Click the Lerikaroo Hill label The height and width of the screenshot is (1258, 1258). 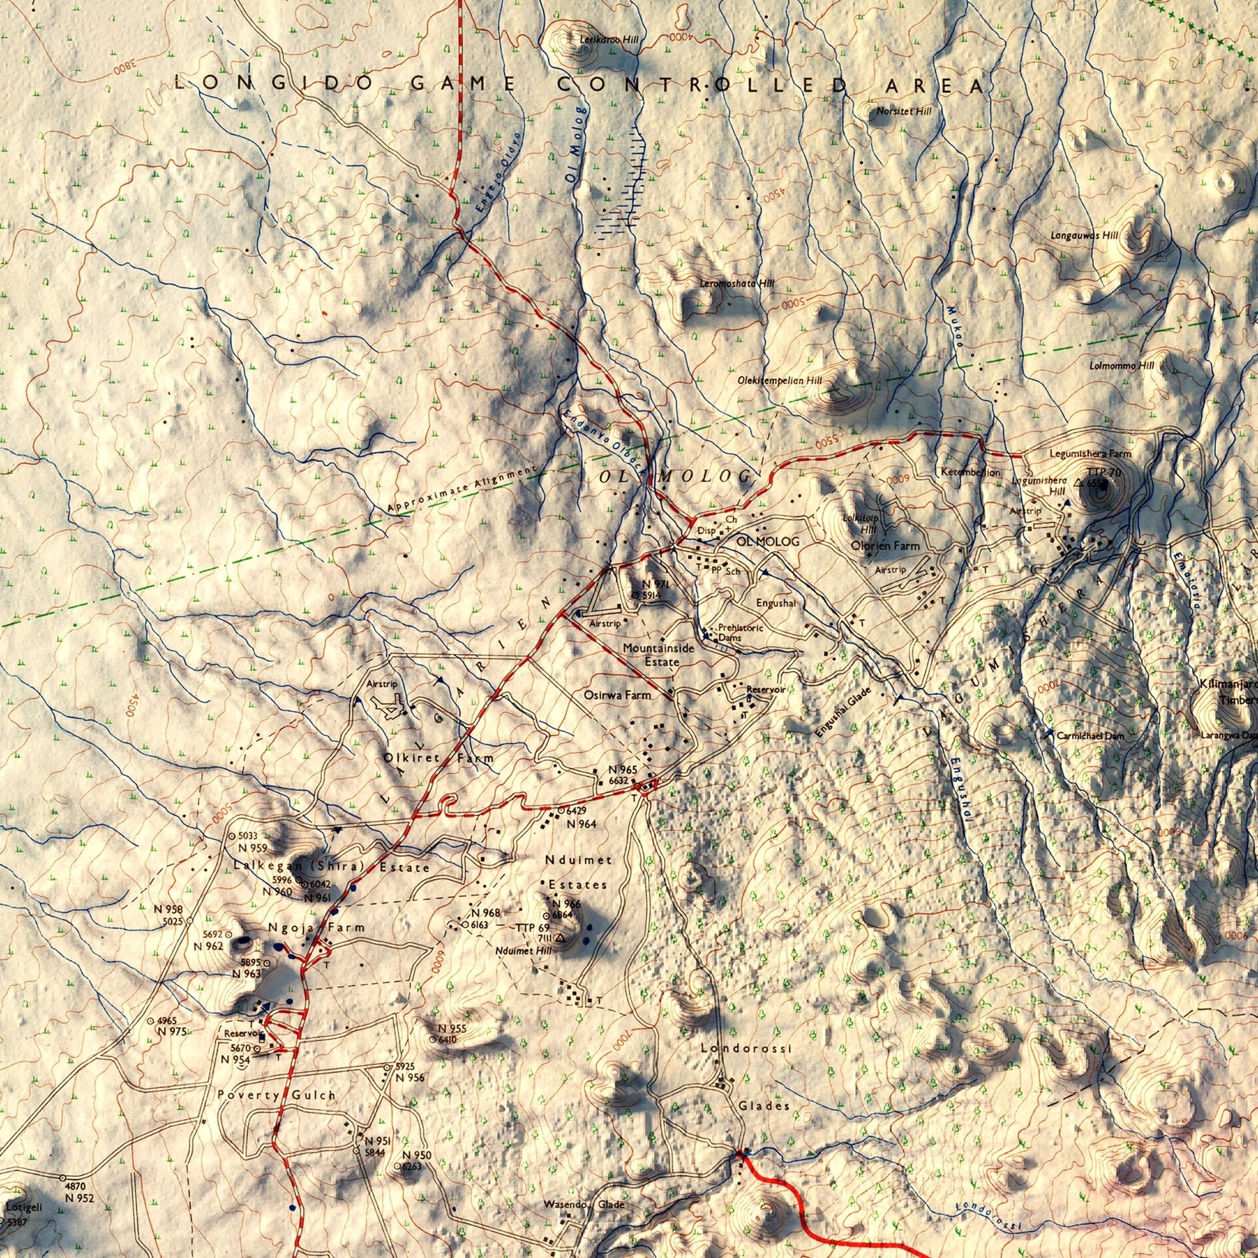point(609,41)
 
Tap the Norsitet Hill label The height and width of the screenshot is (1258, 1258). point(904,111)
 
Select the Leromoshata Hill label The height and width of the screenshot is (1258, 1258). point(737,284)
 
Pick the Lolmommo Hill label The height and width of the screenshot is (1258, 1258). point(1121,366)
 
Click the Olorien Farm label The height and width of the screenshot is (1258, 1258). point(885,545)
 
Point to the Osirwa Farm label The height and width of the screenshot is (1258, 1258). point(617,695)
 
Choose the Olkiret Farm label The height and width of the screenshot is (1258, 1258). point(438,758)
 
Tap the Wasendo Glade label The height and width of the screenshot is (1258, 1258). point(584,1205)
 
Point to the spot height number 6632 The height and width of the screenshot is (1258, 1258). point(618,780)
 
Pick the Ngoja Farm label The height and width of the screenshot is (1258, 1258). point(316,926)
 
